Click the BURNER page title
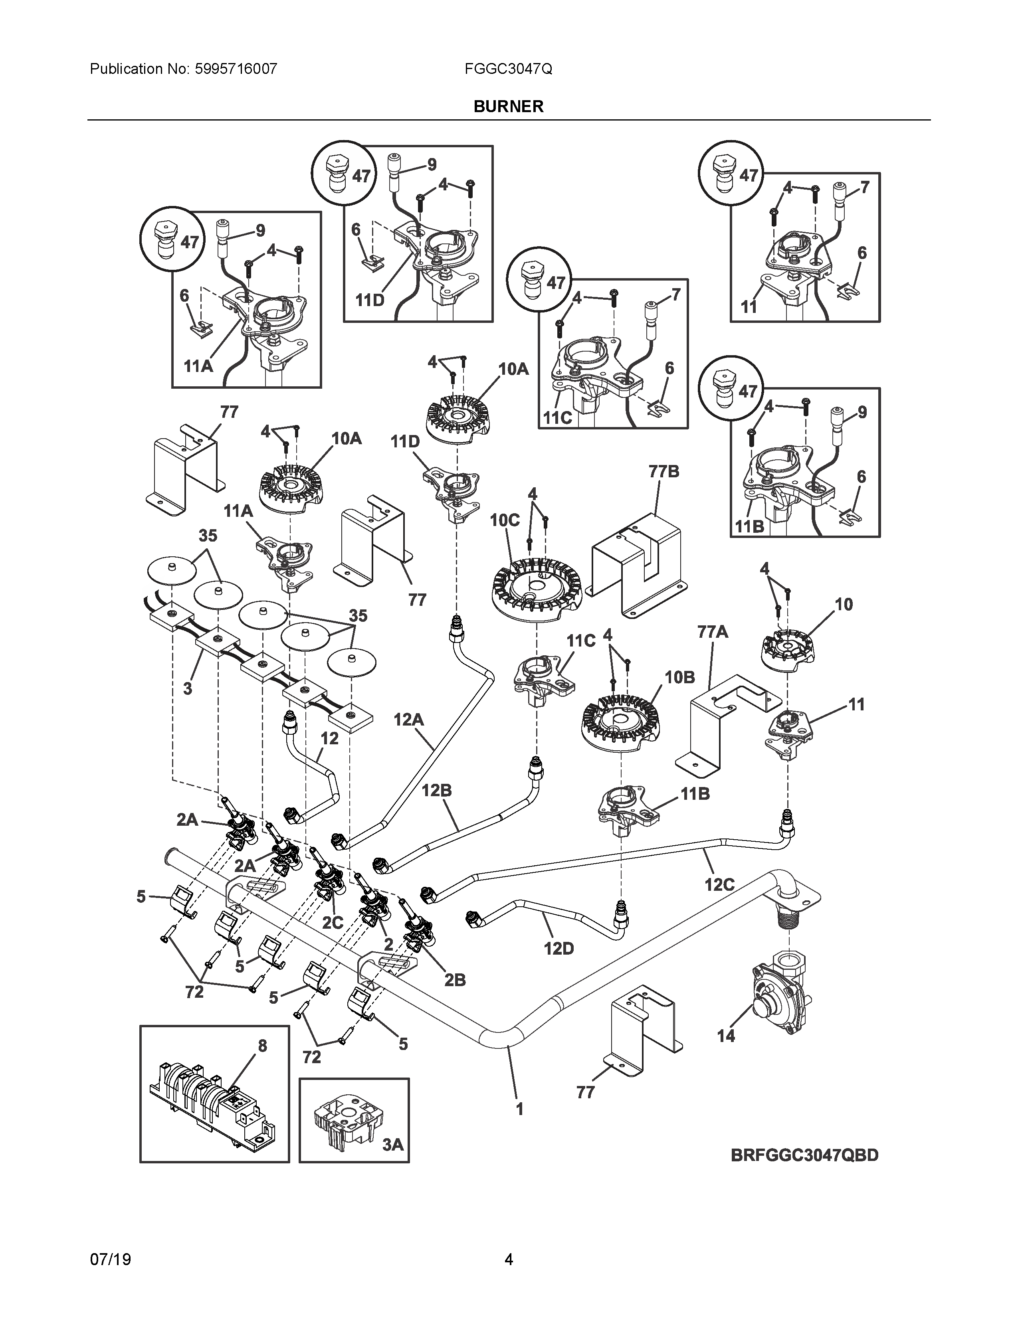pos(508,106)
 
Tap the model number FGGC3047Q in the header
pos(508,69)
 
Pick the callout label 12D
pos(559,949)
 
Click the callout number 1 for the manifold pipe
pos(519,1108)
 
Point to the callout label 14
pos(726,1035)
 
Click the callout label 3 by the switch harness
pos(188,688)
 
